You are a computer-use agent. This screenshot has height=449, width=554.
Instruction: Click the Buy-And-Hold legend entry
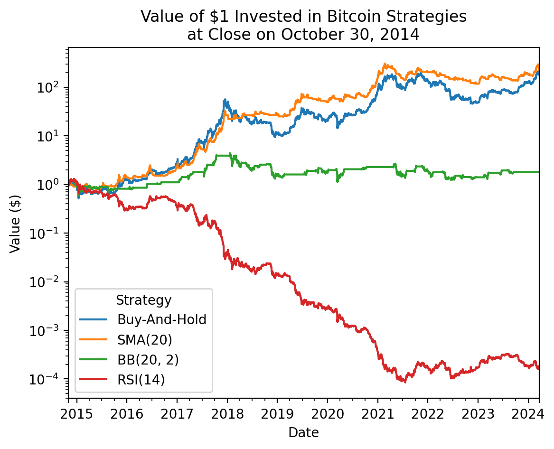[162, 319]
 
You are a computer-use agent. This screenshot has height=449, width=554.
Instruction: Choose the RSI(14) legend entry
[141, 380]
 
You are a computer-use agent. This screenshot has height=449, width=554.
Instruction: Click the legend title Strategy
[143, 300]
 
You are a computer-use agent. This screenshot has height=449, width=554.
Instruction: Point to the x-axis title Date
[303, 432]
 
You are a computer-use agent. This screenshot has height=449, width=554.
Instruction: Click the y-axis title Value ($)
[15, 223]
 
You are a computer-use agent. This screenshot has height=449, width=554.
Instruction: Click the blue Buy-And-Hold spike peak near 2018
[225, 100]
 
